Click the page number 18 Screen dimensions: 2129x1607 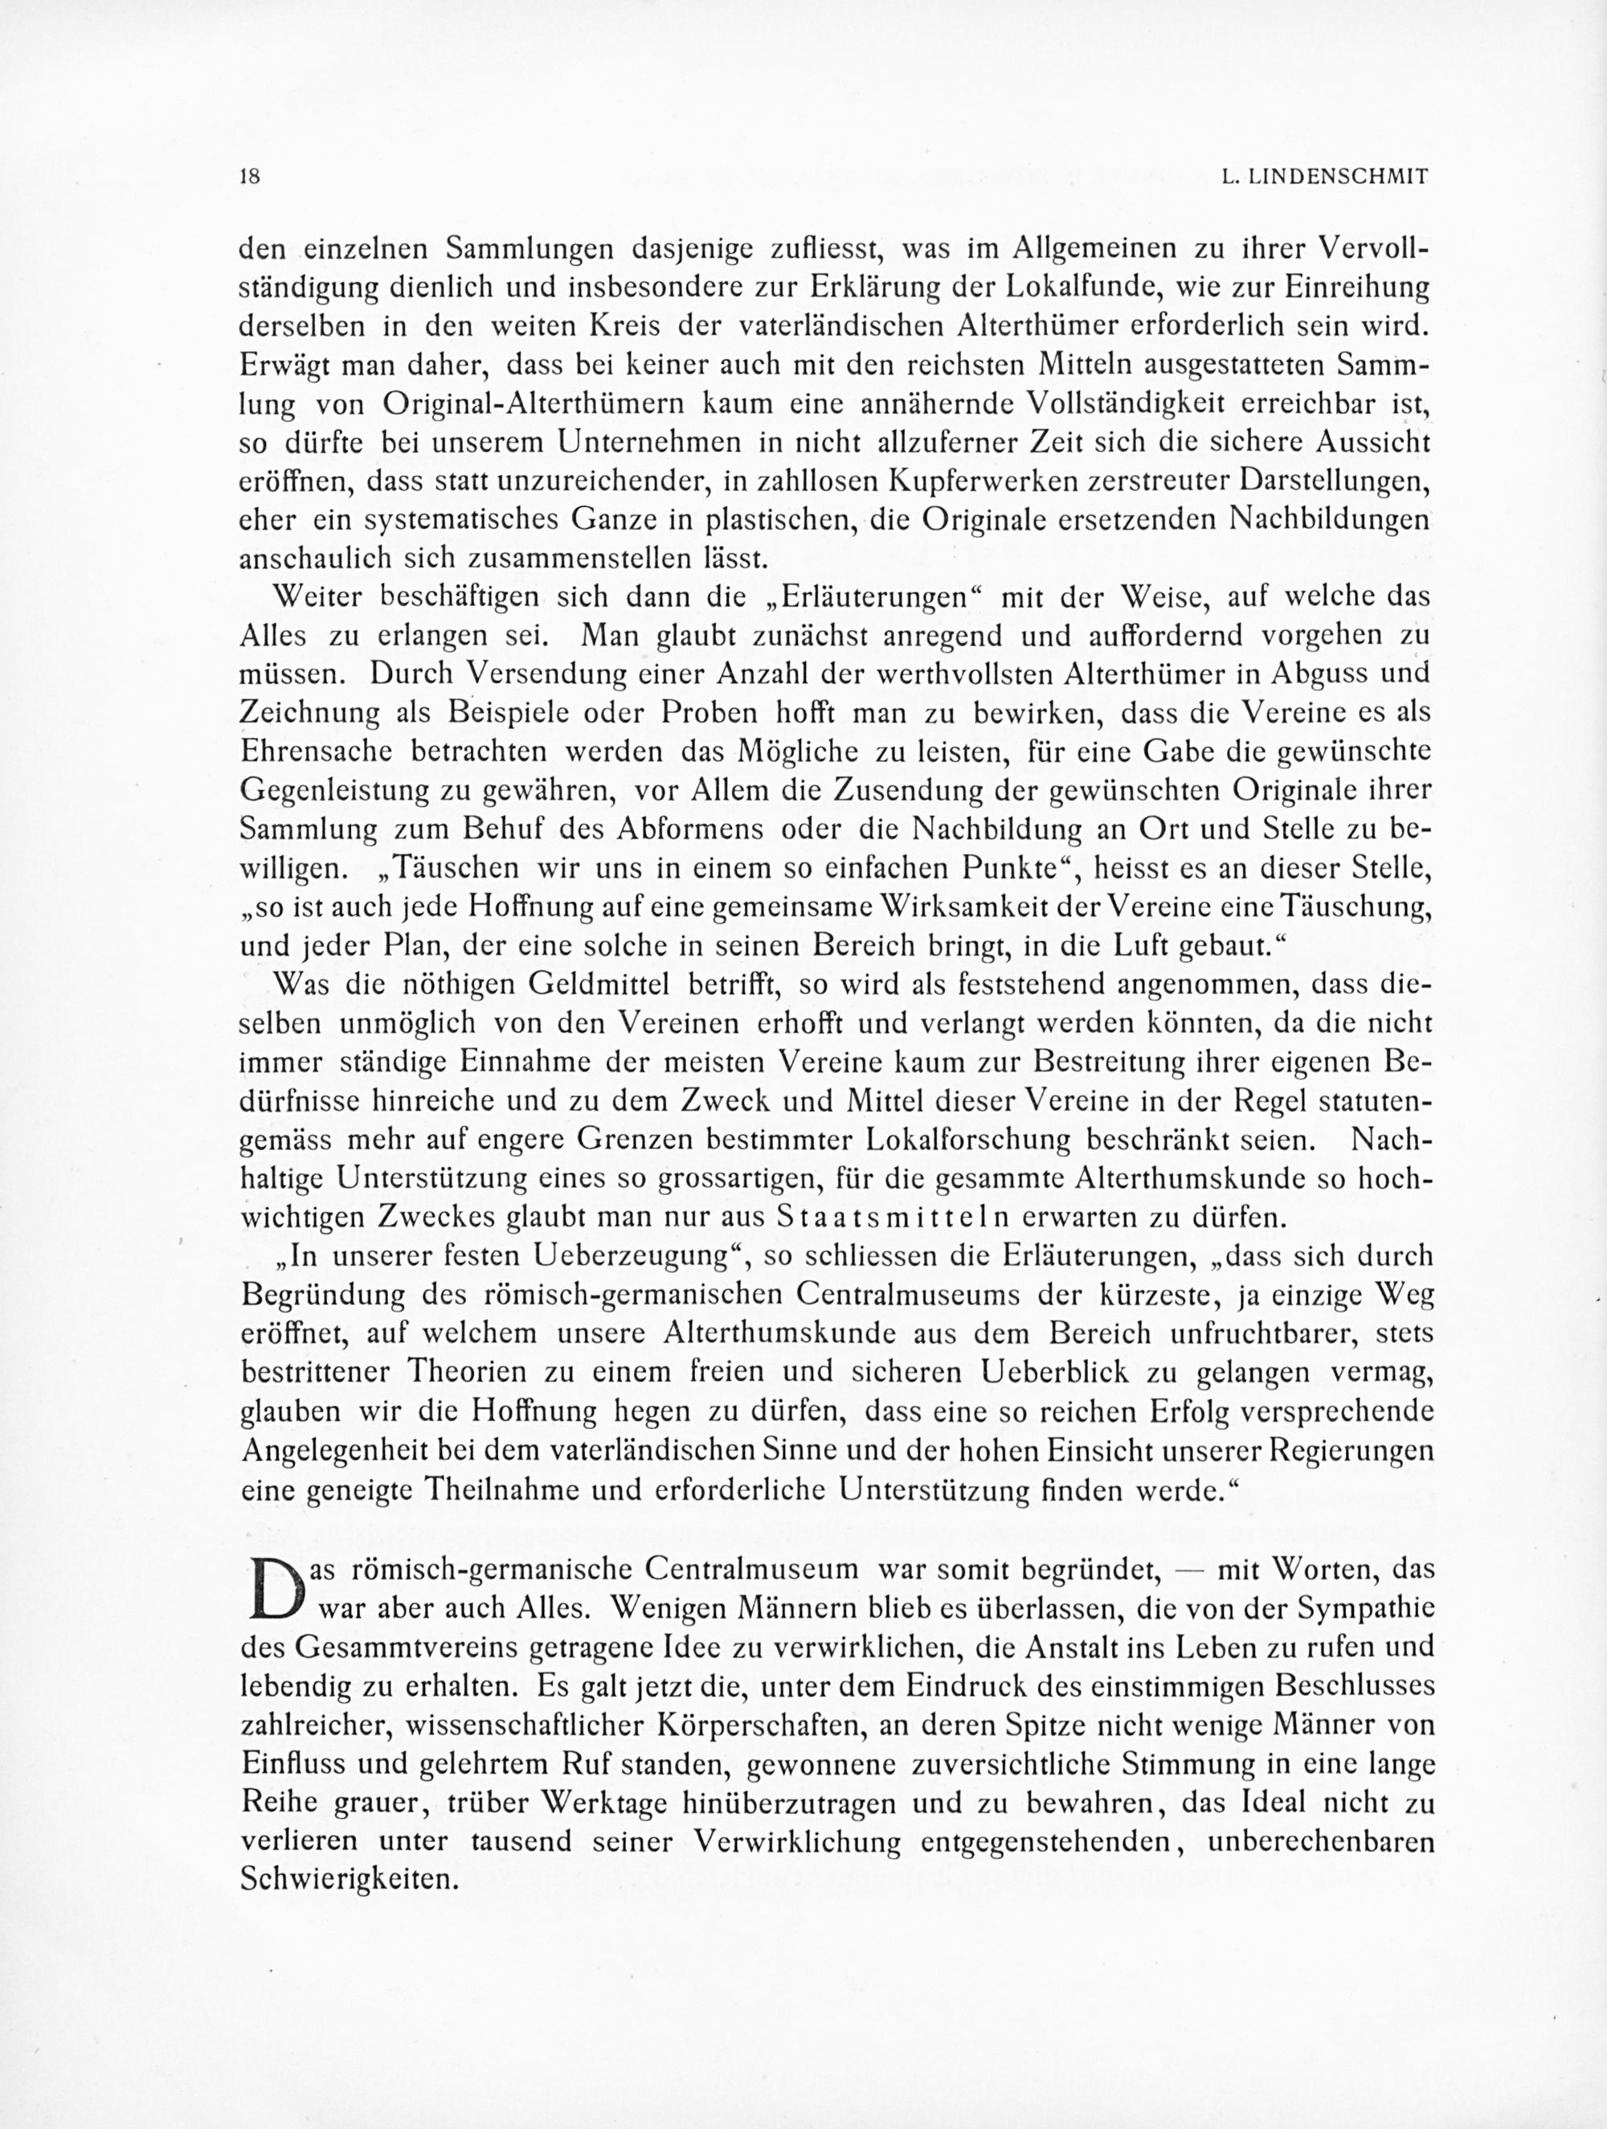[251, 177]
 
